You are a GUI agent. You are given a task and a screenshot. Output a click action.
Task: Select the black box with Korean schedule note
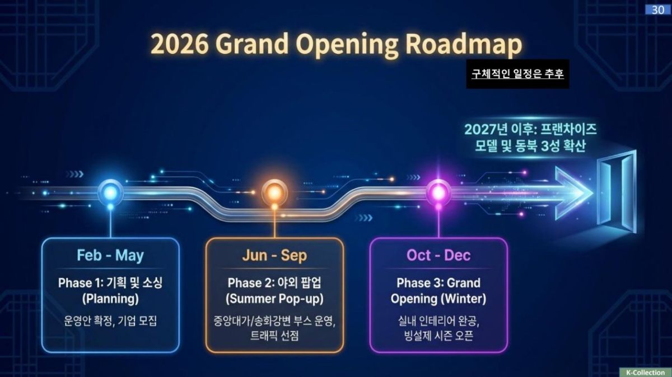coord(517,74)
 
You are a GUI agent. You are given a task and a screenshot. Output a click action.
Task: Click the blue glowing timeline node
coord(110,192)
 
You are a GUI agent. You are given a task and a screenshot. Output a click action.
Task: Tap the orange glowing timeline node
coord(274,192)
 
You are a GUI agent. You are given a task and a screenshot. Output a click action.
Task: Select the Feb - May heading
coord(110,256)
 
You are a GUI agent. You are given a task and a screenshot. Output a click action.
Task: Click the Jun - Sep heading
coord(274,256)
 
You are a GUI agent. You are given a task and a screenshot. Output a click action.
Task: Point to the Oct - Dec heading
coord(438,256)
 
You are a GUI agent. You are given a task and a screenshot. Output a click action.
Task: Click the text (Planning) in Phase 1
coord(110,299)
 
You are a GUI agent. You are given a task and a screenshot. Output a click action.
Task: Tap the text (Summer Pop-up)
coord(274,299)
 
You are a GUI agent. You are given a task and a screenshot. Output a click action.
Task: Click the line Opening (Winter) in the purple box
coord(438,299)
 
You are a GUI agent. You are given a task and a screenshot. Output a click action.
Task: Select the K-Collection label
coord(645,372)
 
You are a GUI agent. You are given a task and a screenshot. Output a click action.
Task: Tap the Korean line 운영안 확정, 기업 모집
coord(110,321)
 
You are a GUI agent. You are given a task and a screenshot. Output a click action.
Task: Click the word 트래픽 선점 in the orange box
coord(274,336)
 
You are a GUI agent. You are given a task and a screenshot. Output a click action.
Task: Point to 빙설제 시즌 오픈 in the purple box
coord(438,336)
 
